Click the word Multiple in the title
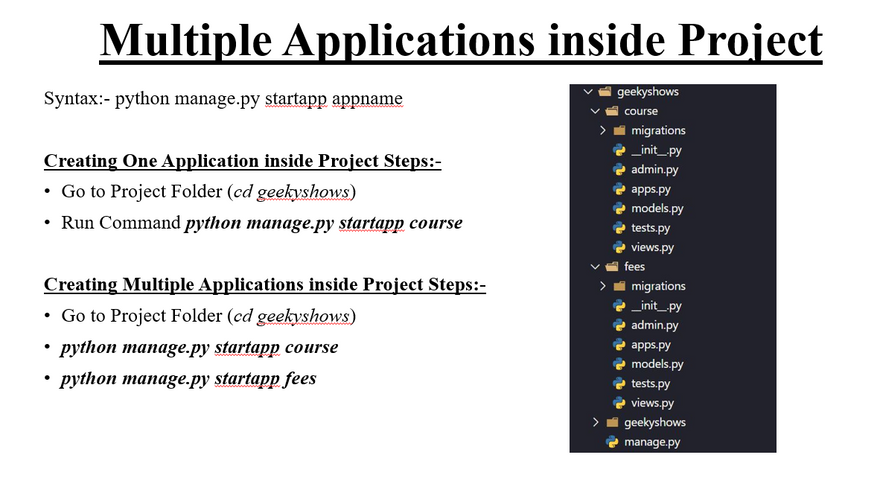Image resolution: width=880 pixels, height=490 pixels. [186, 40]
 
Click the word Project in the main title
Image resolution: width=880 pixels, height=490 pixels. [750, 40]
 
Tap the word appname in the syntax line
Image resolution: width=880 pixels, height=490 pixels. [367, 99]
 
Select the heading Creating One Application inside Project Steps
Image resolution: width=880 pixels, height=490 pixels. [242, 161]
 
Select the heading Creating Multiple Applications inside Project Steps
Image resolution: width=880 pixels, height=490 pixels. [265, 285]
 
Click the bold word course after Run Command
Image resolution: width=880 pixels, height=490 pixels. [436, 223]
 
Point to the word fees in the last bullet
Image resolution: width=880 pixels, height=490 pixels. [300, 378]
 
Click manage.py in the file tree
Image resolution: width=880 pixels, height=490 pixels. [652, 442]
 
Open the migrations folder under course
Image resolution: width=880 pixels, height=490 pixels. [658, 130]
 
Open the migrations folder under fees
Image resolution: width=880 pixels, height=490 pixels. [658, 286]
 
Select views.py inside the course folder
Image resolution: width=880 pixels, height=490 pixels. [652, 247]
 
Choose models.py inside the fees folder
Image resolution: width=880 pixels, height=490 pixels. [657, 364]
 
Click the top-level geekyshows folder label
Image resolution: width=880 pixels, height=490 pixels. [648, 91]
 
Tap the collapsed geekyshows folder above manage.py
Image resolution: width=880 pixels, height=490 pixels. [654, 422]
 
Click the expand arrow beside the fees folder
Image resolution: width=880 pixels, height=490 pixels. [595, 267]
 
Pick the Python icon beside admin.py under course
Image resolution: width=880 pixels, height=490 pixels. [619, 170]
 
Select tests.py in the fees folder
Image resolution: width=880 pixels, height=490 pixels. [650, 383]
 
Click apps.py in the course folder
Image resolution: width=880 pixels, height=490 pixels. [650, 189]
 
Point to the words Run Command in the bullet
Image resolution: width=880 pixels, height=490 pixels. [121, 223]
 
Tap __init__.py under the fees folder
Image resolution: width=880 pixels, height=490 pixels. [656, 306]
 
